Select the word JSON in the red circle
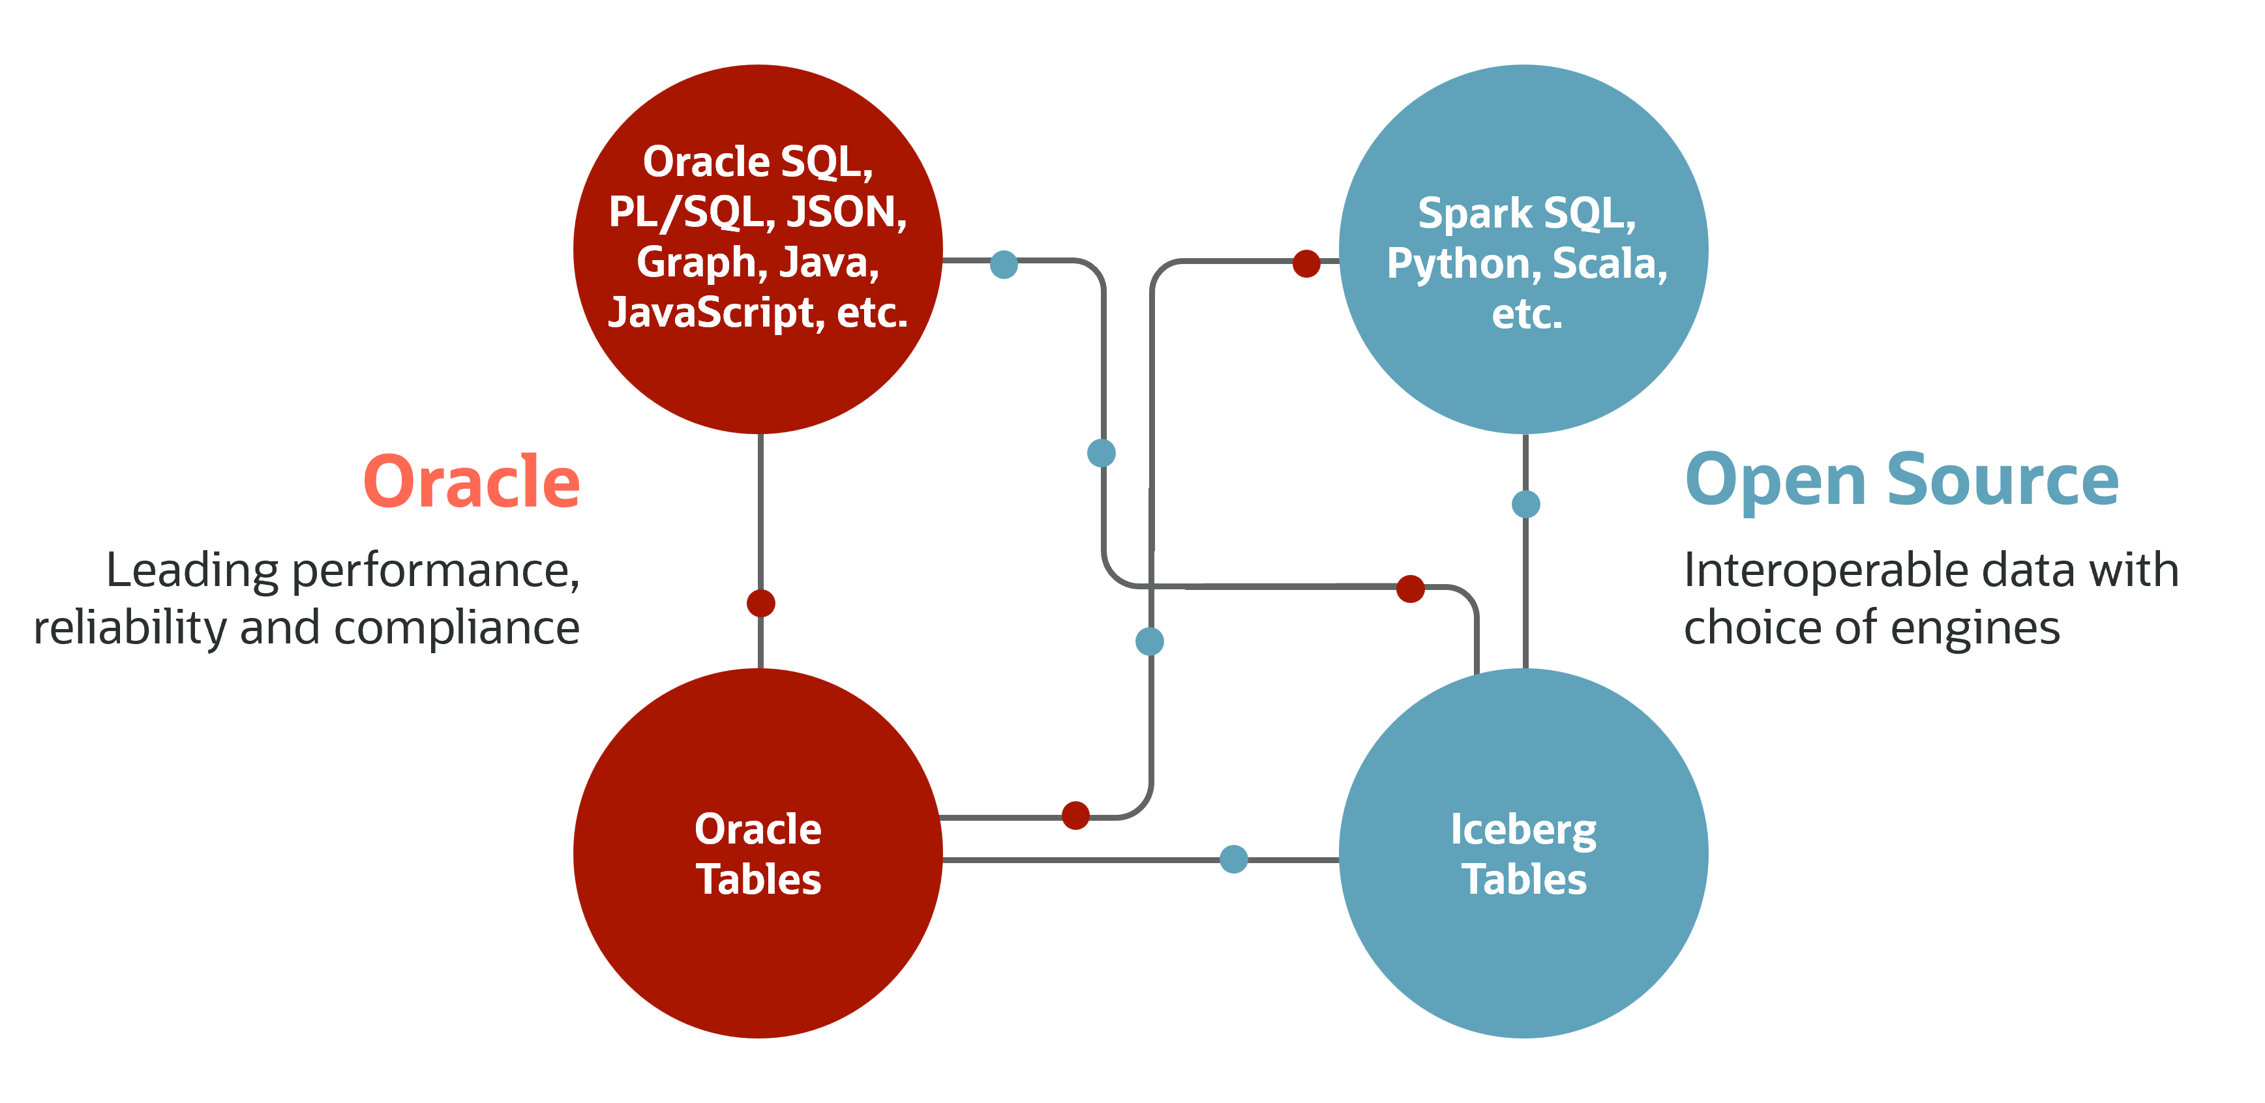coord(846,212)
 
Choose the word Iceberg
coord(1523,830)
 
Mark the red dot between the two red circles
coord(760,603)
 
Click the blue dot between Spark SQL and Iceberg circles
coord(1525,504)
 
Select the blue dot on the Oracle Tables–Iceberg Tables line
coord(1234,859)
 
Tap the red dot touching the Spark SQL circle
coord(1306,263)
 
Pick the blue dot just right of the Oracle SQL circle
coord(1003,263)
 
